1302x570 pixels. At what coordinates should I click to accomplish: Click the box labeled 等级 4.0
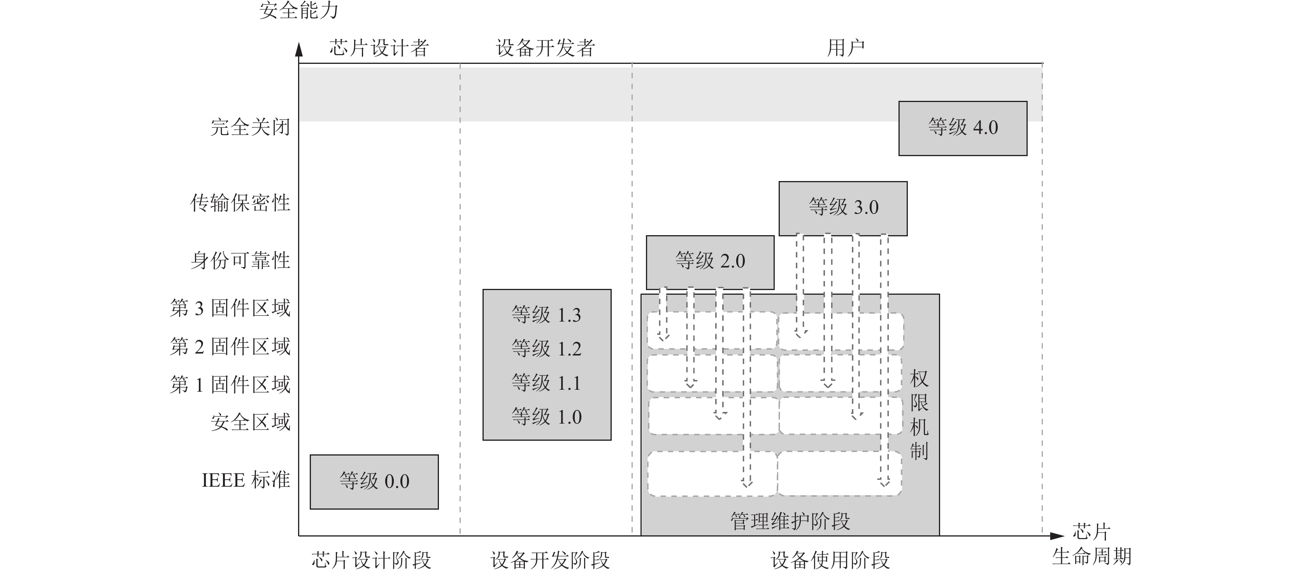962,128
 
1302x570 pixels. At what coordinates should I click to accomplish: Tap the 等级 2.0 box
710,262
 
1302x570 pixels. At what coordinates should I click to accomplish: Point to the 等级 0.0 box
374,482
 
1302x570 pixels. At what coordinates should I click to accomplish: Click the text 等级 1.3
546,315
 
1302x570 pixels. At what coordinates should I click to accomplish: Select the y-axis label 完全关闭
250,127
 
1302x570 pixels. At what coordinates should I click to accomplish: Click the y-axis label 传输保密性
240,203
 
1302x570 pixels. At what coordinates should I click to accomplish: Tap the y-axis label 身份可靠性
240,261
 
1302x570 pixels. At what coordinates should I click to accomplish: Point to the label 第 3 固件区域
230,308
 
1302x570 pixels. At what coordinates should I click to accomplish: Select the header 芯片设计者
379,48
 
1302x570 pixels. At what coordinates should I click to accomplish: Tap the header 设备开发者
546,48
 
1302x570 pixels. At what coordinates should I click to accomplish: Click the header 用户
845,48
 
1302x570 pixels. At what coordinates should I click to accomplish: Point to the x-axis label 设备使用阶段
830,560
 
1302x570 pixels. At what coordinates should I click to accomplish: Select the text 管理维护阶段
790,521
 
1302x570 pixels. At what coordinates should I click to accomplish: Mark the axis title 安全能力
299,10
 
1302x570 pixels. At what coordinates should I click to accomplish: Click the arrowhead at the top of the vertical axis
299,49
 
